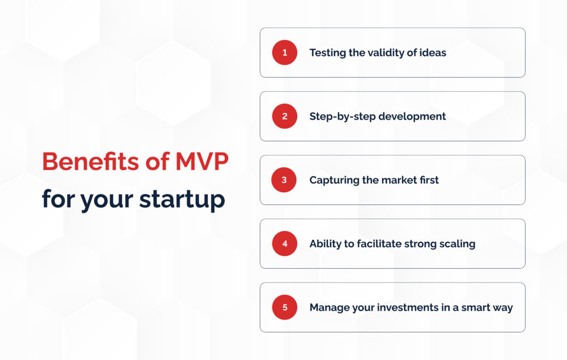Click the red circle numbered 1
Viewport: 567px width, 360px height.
pyautogui.click(x=285, y=53)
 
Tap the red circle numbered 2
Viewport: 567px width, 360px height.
pyautogui.click(x=285, y=116)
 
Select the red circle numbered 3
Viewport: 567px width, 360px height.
pyautogui.click(x=284, y=180)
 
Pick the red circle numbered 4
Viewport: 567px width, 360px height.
pyautogui.click(x=285, y=244)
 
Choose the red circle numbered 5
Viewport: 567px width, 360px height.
pyautogui.click(x=285, y=307)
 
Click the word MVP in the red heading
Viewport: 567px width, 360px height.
pyautogui.click(x=202, y=161)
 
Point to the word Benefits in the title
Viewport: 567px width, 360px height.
pyautogui.click(x=90, y=161)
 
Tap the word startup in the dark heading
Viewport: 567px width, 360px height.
pyautogui.click(x=182, y=200)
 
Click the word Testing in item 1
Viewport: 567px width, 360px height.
pyautogui.click(x=328, y=53)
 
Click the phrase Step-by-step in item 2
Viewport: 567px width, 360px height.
pyautogui.click(x=342, y=117)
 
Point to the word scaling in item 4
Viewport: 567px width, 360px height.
pyautogui.click(x=457, y=244)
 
